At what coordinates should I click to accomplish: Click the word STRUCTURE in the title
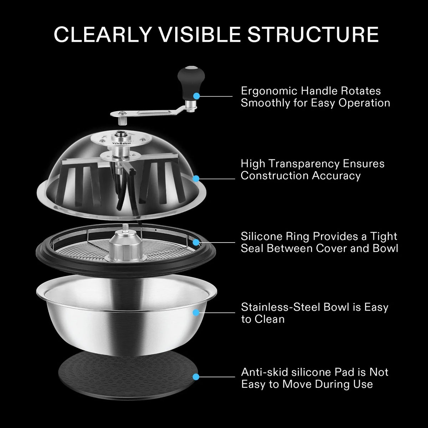click(313, 34)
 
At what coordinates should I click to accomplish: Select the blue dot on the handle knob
click(196, 96)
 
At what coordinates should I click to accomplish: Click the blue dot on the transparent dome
click(196, 178)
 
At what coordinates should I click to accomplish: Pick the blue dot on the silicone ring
click(196, 242)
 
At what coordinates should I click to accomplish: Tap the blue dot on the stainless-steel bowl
click(196, 313)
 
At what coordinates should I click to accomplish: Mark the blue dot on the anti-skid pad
click(196, 377)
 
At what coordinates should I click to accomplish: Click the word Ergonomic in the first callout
click(269, 91)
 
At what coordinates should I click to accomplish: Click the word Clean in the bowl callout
click(270, 319)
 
